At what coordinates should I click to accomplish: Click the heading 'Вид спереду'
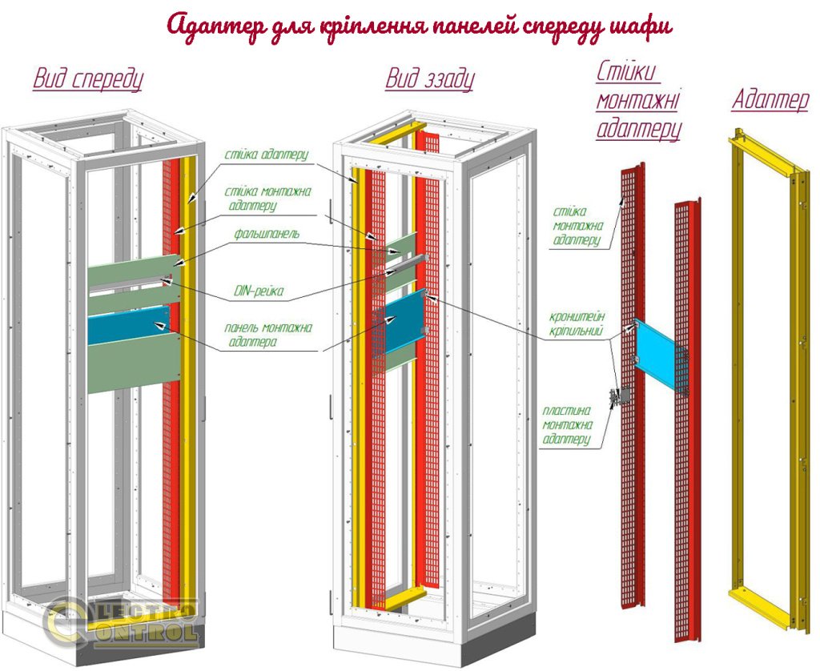point(87,79)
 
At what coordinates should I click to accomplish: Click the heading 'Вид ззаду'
point(429,79)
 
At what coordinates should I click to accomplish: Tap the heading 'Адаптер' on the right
point(770,100)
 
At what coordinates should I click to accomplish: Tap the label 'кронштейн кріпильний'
point(577,323)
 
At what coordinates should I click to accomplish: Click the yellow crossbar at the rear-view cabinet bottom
point(405,597)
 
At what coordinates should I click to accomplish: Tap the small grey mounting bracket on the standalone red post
point(618,397)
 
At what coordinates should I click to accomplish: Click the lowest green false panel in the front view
point(132,364)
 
